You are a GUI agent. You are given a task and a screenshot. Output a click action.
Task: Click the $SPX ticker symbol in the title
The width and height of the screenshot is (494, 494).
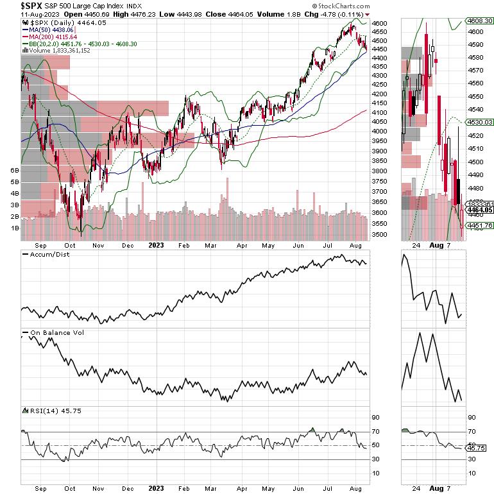click(x=15, y=5)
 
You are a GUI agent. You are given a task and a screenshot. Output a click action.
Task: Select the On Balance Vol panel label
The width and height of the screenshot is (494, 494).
click(x=56, y=332)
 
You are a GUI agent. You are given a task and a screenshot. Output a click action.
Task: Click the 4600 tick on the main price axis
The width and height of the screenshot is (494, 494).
click(x=380, y=23)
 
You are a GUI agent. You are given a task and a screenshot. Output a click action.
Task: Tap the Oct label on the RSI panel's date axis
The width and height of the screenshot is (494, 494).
click(x=70, y=488)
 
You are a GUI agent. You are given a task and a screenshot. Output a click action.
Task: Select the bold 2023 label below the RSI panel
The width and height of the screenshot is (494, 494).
click(x=157, y=488)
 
